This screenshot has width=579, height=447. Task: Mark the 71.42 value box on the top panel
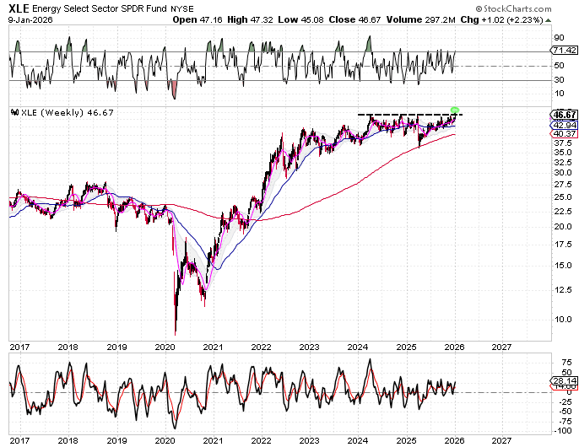coord(563,52)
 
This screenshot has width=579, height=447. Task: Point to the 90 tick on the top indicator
coord(559,38)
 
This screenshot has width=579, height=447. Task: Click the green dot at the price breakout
coord(455,110)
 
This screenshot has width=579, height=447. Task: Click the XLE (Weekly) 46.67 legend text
coord(61,113)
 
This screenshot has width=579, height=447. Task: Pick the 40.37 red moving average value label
coord(563,133)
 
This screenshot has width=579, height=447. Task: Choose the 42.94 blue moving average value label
coord(563,124)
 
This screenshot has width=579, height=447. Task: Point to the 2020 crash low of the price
coord(176,333)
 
